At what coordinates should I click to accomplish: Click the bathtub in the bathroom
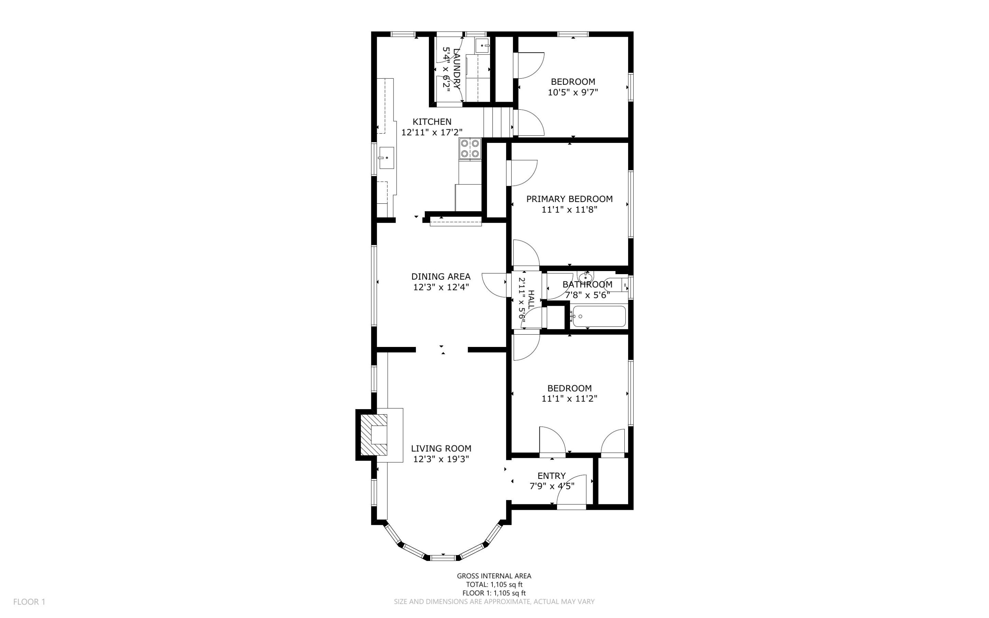coord(599,316)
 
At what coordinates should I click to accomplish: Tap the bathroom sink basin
coord(586,277)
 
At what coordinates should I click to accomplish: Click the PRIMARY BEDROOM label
coord(569,199)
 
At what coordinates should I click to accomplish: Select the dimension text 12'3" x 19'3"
coord(441,459)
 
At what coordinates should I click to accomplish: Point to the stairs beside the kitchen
coord(498,122)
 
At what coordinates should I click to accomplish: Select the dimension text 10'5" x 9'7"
coord(573,92)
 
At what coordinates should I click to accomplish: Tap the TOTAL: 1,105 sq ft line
coord(494,584)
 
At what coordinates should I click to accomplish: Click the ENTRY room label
coord(552,476)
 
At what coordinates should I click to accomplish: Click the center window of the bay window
coord(443,558)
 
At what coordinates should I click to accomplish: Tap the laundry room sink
coord(483,46)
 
